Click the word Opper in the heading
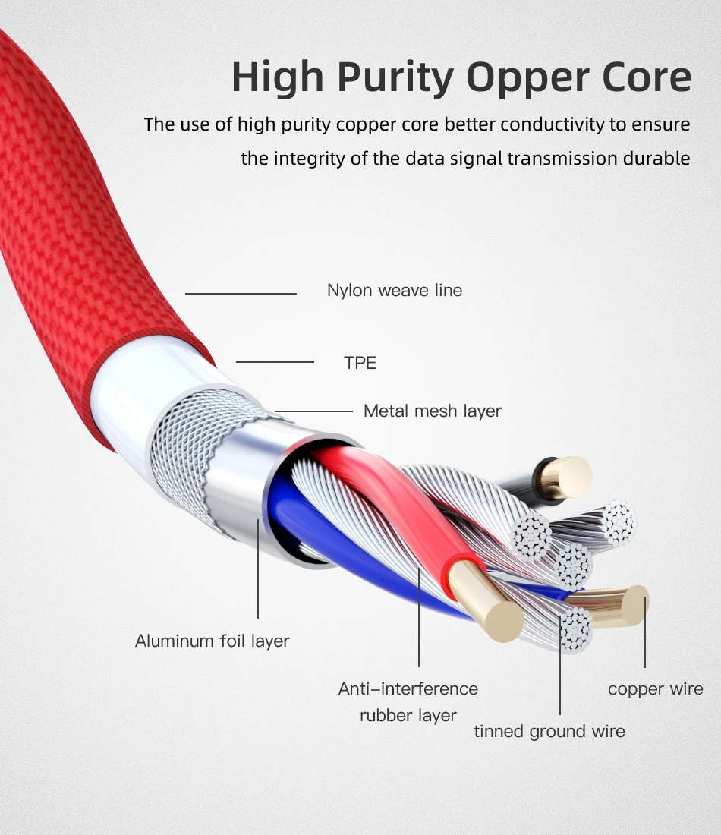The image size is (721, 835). click(x=527, y=77)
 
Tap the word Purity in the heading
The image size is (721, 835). click(x=395, y=77)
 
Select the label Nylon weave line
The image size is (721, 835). click(x=395, y=290)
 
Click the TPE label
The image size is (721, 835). click(x=360, y=363)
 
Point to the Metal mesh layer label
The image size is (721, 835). click(x=433, y=411)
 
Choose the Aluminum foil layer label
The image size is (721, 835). click(x=212, y=641)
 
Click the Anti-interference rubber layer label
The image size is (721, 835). click(x=408, y=702)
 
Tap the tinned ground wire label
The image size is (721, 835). click(x=549, y=732)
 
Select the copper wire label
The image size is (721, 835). click(x=656, y=689)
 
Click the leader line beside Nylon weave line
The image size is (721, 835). click(x=241, y=294)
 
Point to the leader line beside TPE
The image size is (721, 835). click(x=275, y=362)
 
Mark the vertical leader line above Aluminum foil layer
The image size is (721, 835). click(x=258, y=569)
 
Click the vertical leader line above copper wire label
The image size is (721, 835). click(x=645, y=632)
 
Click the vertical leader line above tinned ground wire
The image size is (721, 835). click(x=560, y=665)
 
